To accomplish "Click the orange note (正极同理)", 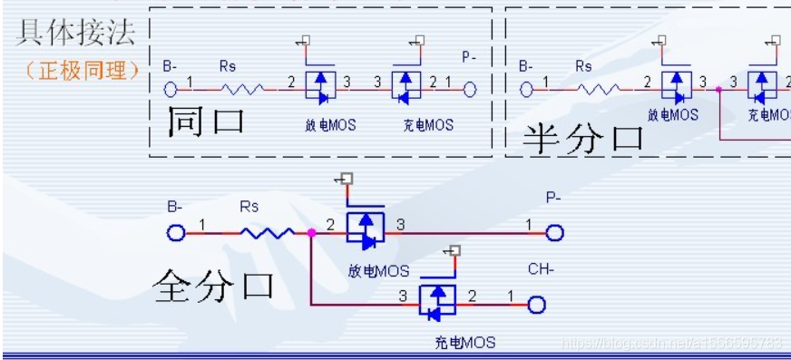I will [x=80, y=71].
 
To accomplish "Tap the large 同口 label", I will [x=206, y=120].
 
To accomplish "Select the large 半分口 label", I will [x=582, y=138].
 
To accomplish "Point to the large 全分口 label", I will [x=214, y=286].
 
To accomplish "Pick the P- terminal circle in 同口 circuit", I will [x=469, y=88].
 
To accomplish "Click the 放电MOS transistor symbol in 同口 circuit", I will [x=319, y=86].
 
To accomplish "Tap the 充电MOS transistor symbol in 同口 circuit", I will [x=406, y=86].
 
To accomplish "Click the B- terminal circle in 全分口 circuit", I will [x=176, y=233].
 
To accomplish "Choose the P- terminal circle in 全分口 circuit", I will [x=554, y=233].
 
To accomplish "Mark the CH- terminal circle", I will [x=536, y=305].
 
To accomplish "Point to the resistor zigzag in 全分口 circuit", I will [x=266, y=233].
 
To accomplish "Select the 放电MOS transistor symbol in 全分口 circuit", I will [x=366, y=229].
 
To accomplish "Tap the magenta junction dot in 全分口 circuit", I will [x=311, y=233].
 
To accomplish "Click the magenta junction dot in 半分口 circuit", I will [x=718, y=89].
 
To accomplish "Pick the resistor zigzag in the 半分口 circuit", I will [x=598, y=88].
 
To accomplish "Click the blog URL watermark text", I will [x=671, y=343].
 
